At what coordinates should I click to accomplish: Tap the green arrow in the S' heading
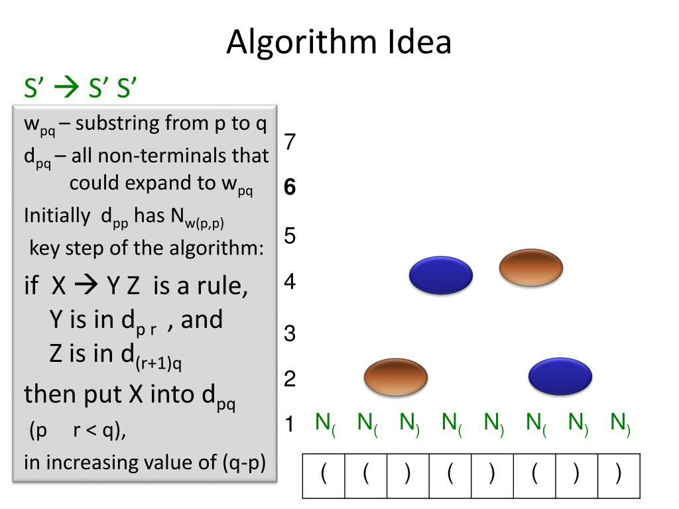pos(66,87)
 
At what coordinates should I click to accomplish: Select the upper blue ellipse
pos(440,276)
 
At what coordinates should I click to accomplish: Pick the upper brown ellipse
pos(530,268)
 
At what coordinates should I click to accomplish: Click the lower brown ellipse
pos(396,377)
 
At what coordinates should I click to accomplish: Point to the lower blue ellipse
pos(560,376)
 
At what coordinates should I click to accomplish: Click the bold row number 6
pos(290,188)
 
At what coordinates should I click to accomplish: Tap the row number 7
pos(290,142)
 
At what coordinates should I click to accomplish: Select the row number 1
pos(289,424)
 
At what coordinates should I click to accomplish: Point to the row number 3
pos(290,333)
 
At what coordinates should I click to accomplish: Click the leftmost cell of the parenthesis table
pos(324,475)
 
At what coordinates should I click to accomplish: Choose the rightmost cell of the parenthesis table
pos(619,475)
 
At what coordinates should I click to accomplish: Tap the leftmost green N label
pos(325,423)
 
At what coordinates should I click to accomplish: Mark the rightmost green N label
pos(620,423)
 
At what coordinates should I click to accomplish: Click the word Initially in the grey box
pos(56,216)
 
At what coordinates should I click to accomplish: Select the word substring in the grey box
pos(118,123)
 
